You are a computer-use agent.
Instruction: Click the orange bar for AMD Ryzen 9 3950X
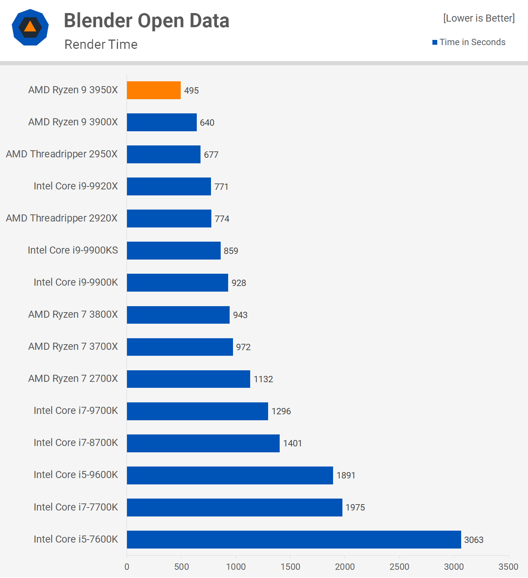[154, 90]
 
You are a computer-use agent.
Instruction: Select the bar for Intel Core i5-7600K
[294, 540]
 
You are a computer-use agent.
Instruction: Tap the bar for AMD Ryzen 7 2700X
[189, 379]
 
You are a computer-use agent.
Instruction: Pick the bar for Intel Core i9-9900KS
[174, 251]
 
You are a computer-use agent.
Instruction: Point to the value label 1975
[355, 508]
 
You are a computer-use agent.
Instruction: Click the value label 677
[211, 155]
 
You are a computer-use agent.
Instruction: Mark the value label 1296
[281, 411]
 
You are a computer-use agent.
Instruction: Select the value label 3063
[473, 540]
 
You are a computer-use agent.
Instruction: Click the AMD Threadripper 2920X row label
[62, 218]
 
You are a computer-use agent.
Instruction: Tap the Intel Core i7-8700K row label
[76, 443]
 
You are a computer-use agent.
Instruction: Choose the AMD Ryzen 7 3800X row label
[73, 314]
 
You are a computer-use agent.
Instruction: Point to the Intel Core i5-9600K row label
[76, 475]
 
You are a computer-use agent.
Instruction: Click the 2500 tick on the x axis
[399, 567]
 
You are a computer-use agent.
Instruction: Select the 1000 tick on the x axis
[236, 567]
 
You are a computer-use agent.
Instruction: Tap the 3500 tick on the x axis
[508, 567]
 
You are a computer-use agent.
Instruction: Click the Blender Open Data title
[146, 21]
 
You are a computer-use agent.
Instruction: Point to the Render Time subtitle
[101, 44]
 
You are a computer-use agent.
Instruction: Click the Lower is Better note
[479, 18]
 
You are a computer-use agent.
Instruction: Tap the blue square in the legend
[435, 43]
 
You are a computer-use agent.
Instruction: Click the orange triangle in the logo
[30, 27]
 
